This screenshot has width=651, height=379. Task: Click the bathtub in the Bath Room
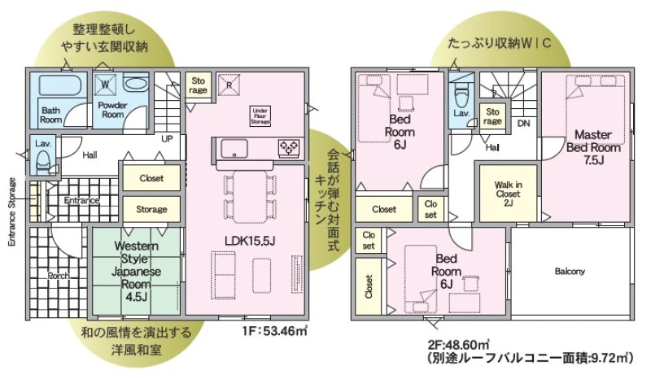[x=59, y=85]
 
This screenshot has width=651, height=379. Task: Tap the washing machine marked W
[x=105, y=85]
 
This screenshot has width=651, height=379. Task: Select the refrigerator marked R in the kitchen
[x=229, y=85]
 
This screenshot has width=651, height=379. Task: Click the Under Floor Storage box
[x=260, y=116]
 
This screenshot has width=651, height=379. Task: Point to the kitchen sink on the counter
[x=234, y=149]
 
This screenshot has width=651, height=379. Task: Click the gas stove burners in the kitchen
[x=289, y=147]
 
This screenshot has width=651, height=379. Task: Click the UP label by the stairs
[x=167, y=138]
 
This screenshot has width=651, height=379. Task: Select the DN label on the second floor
[x=523, y=124]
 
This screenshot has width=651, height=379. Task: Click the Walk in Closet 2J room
[x=508, y=194]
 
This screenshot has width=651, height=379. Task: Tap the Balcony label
[x=570, y=272]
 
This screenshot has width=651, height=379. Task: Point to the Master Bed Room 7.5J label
[x=593, y=147]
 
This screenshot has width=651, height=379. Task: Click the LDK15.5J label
[x=251, y=241]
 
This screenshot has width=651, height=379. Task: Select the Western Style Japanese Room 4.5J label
[x=136, y=272]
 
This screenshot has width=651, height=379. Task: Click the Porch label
[x=59, y=276]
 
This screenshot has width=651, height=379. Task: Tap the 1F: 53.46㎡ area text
[x=275, y=331]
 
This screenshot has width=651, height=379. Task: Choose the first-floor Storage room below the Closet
[x=151, y=209]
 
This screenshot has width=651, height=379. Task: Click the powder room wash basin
[x=136, y=85]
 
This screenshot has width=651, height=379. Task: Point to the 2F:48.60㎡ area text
[x=458, y=345]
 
